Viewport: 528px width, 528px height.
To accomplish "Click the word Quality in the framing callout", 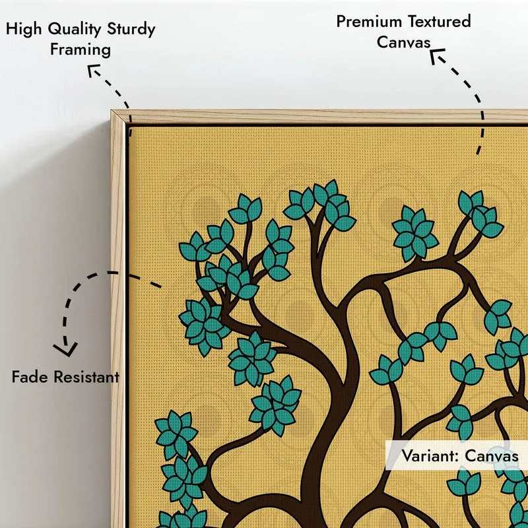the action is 74,29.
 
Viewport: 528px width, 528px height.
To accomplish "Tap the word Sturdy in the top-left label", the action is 131,29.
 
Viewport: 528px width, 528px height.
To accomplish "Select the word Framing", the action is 81,50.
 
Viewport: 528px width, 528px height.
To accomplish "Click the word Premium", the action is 369,22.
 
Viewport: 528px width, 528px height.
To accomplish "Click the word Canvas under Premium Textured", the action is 403,42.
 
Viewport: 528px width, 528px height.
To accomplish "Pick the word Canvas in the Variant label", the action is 492,456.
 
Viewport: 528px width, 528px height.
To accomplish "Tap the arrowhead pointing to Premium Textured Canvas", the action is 436,55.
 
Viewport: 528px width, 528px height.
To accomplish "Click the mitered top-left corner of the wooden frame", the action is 112,110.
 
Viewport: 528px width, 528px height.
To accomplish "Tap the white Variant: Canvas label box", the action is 457,455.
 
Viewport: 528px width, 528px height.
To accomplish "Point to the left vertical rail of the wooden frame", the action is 118,320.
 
